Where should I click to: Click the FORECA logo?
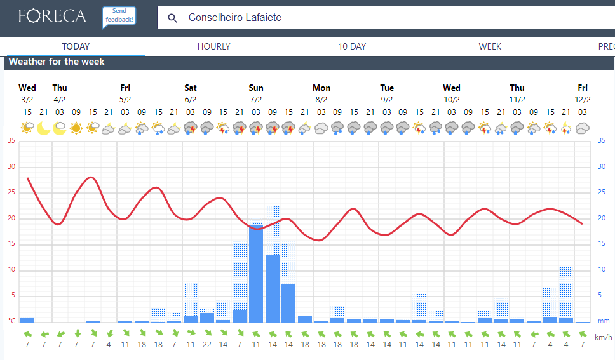pos(52,16)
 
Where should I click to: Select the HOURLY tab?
pos(213,46)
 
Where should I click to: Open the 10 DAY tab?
pos(352,46)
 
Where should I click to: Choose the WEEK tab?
pos(490,46)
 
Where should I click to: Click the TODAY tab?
pos(76,46)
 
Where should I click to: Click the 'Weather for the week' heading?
pos(57,62)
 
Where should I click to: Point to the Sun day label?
pos(256,88)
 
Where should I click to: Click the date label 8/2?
pos(321,99)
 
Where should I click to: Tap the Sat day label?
pos(191,88)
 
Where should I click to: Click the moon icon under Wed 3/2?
pos(43,128)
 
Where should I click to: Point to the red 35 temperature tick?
pos(11,140)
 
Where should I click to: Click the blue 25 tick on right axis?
pos(601,192)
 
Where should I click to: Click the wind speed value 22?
pos(207,344)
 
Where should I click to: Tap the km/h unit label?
pos(604,337)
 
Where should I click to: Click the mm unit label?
pos(604,321)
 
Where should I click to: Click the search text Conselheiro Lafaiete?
pos(235,18)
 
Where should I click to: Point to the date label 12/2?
pos(583,99)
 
